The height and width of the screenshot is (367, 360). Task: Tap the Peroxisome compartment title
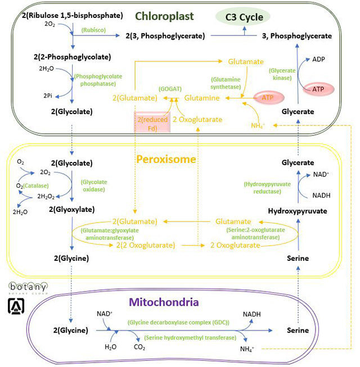(166, 160)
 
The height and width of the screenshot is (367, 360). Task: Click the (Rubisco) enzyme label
(94, 30)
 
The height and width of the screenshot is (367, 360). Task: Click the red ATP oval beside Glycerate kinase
(318, 88)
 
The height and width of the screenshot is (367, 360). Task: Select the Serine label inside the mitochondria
(298, 330)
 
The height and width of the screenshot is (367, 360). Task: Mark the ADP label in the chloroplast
(318, 59)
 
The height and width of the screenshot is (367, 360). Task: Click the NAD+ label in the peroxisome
(321, 175)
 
